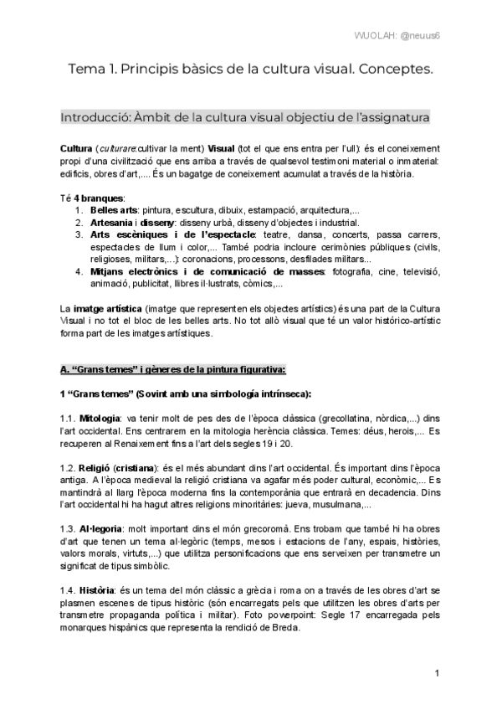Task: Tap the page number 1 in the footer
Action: pyautogui.click(x=437, y=674)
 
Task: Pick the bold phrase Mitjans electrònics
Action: pyautogui.click(x=132, y=271)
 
